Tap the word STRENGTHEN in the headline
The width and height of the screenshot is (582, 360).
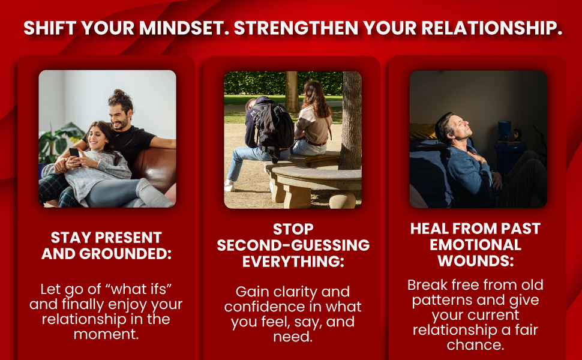point(290,29)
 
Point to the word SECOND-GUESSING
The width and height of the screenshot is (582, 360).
point(293,245)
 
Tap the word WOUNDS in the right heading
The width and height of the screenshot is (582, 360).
point(475,261)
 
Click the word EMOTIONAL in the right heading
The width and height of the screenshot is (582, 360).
point(475,245)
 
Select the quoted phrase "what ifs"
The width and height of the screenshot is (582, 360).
point(142,288)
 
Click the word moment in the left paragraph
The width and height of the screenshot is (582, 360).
point(106,334)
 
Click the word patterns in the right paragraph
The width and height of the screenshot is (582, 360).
point(443,299)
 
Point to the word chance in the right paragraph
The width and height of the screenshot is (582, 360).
point(475,345)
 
